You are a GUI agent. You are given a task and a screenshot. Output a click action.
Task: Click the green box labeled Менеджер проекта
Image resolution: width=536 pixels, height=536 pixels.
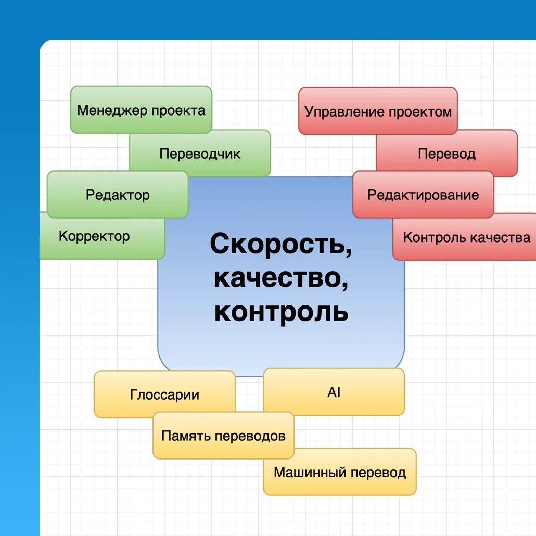click(x=141, y=110)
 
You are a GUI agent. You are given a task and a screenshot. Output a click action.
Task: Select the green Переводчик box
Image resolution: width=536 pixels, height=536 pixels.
click(x=200, y=154)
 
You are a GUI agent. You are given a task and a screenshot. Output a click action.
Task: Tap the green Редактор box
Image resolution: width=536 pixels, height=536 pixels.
click(x=118, y=195)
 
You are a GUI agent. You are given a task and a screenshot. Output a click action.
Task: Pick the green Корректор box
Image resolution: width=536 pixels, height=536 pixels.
click(x=94, y=236)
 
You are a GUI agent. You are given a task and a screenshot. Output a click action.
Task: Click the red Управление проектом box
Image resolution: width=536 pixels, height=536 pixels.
click(x=378, y=111)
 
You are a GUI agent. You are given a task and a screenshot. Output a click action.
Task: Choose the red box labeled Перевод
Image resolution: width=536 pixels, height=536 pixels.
click(x=446, y=154)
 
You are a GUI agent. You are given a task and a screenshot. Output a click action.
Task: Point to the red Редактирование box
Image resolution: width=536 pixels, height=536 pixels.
click(x=423, y=195)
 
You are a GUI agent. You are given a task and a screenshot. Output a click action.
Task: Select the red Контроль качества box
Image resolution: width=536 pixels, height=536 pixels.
click(x=466, y=238)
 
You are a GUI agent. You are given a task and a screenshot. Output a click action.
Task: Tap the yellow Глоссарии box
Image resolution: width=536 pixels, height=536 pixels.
click(x=164, y=394)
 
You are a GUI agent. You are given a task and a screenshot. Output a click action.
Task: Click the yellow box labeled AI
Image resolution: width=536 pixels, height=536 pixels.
click(x=334, y=392)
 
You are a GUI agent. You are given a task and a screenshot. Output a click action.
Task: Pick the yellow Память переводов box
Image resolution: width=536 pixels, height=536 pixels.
click(x=223, y=436)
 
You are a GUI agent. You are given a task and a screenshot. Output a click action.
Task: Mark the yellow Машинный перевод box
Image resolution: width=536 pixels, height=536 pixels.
click(x=339, y=473)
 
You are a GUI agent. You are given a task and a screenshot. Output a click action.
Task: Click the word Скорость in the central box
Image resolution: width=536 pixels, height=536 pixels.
click(x=280, y=244)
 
